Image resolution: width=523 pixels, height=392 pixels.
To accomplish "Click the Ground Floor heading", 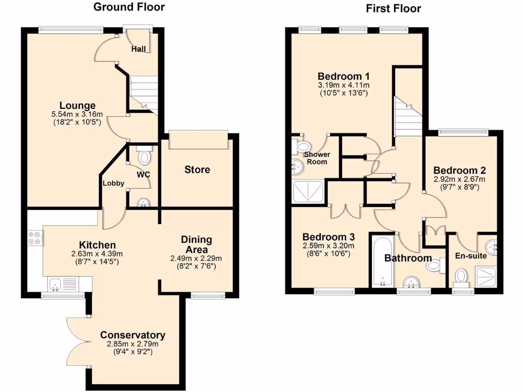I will coord(129,7).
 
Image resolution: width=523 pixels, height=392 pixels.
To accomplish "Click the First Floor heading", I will coord(393,8).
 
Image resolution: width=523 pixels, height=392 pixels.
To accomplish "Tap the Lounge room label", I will coord(77,106).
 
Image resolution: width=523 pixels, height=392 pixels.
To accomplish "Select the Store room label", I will coord(197,169).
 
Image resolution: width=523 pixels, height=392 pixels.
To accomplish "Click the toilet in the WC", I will coord(145,156).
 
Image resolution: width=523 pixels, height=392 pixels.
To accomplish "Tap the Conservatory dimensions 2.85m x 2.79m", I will coord(132,344).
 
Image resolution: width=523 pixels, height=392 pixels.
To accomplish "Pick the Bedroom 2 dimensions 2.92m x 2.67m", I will coord(459,179).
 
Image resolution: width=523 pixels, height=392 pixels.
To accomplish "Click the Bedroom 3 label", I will coord(328,237).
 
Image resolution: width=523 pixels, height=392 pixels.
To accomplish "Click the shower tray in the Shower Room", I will coord(308,192).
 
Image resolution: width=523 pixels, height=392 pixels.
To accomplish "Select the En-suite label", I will coord(471,255).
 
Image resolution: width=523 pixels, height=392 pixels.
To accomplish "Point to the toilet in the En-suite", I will coord(461,277).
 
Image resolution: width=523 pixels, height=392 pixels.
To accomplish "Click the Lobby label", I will coord(113,183).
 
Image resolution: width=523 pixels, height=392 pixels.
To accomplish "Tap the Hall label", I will coord(138,49).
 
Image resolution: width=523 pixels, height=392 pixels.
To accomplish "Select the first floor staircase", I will coord(407,115).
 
